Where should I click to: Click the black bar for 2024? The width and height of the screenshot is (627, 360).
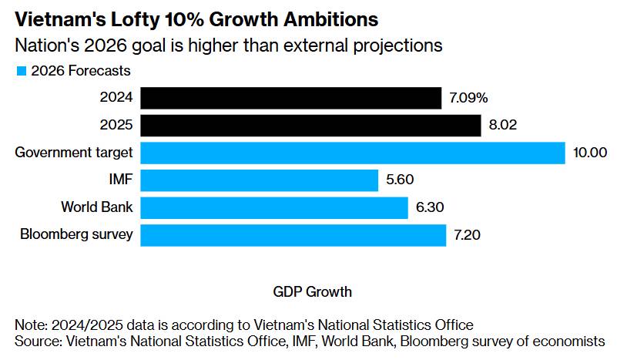click(x=290, y=98)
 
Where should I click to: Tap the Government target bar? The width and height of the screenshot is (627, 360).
click(x=353, y=153)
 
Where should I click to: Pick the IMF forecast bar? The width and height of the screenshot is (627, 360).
click(x=260, y=180)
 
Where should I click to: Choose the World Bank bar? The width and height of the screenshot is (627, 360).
click(x=274, y=208)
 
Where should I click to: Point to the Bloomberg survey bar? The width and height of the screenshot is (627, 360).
click(x=293, y=235)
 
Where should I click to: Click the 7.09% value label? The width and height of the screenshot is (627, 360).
click(x=468, y=98)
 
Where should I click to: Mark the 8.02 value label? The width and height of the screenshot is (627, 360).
click(x=503, y=125)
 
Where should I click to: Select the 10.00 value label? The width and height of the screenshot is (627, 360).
click(x=590, y=153)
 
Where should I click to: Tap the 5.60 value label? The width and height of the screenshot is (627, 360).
click(x=401, y=180)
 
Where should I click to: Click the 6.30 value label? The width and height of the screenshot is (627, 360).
click(x=431, y=208)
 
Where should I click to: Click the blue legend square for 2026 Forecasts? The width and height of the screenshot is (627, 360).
click(x=22, y=71)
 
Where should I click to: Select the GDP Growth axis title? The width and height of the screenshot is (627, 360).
click(x=312, y=292)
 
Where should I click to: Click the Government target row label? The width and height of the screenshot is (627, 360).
click(x=74, y=153)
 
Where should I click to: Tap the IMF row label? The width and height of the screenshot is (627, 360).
click(x=121, y=180)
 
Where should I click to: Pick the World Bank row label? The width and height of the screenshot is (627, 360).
click(x=97, y=208)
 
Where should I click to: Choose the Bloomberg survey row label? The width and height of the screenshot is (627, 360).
click(x=77, y=235)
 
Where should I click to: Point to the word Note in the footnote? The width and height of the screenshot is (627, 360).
click(x=29, y=324)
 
